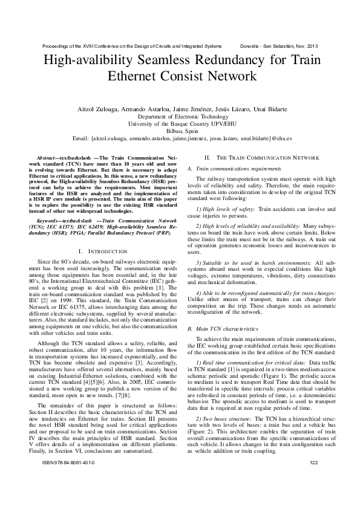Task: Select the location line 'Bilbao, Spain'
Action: tap(180, 131)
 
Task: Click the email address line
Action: tap(180, 138)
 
